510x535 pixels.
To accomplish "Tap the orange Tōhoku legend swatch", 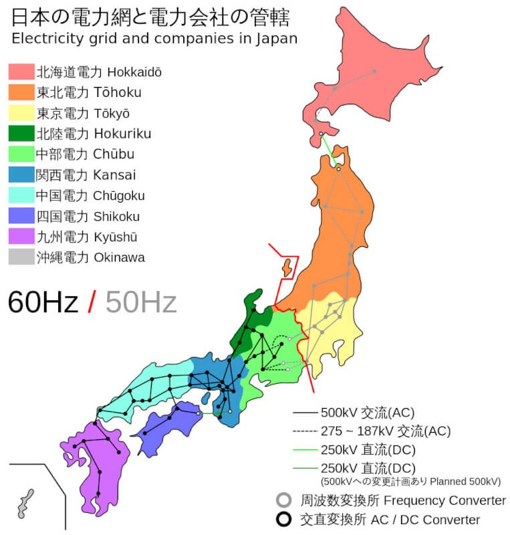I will pyautogui.click(x=21, y=92).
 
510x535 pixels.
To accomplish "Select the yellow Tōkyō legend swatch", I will pyautogui.click(x=21, y=113).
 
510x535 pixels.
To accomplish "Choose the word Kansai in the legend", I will pyautogui.click(x=115, y=175).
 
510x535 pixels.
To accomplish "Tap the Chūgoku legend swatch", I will pyautogui.click(x=21, y=196).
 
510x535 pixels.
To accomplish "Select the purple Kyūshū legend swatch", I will pyautogui.click(x=21, y=237).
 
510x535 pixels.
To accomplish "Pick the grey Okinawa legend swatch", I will pyautogui.click(x=21, y=257).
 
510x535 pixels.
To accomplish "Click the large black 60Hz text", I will pyautogui.click(x=43, y=302).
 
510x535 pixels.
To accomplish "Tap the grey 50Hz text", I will pyautogui.click(x=141, y=302).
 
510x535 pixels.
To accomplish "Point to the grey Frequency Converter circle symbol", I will pyautogui.click(x=284, y=500).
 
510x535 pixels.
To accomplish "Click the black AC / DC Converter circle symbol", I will pyautogui.click(x=284, y=520).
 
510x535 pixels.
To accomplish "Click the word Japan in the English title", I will pyautogui.click(x=276, y=37).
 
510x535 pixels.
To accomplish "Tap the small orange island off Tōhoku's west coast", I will pyautogui.click(x=287, y=267).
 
